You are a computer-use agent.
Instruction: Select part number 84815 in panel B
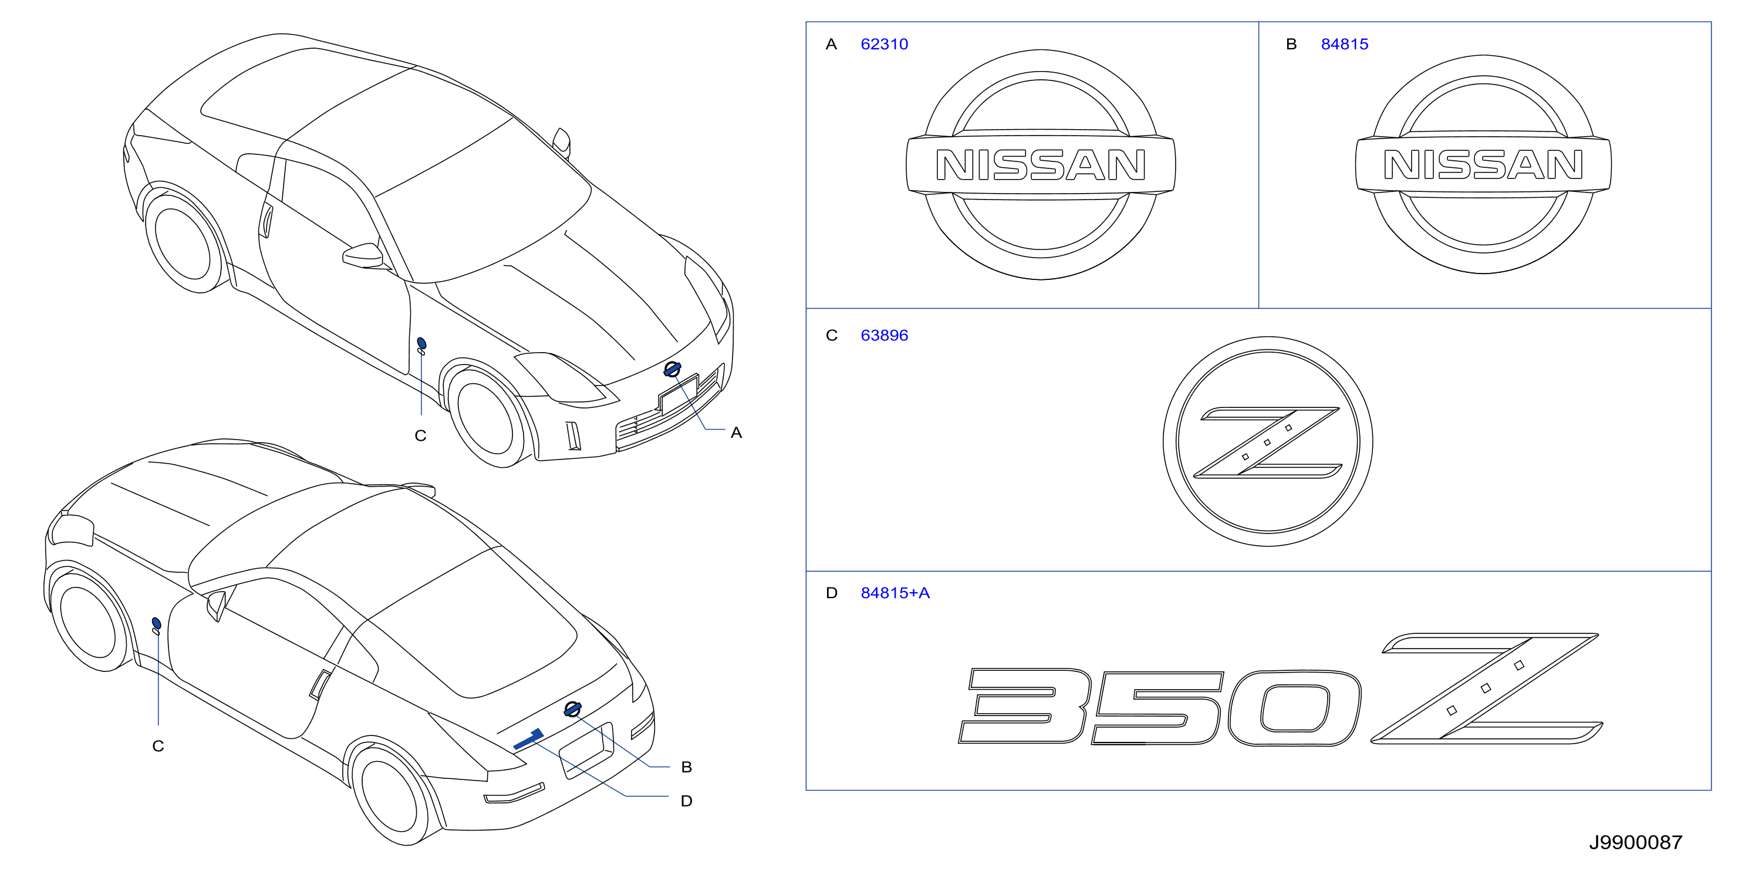(1344, 44)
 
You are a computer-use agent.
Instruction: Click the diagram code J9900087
(1635, 842)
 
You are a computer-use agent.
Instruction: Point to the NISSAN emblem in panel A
(1040, 164)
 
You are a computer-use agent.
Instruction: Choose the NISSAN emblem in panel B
(1483, 164)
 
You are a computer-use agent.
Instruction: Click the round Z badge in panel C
(1267, 441)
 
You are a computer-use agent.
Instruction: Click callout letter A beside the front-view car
(736, 433)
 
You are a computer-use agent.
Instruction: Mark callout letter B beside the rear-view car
(686, 767)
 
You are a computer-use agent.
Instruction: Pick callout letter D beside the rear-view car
(686, 801)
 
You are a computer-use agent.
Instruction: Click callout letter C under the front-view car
(420, 436)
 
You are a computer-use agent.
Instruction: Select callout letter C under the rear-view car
(158, 747)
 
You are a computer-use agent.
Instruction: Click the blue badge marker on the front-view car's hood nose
(671, 369)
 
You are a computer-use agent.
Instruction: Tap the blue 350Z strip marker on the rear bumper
(528, 739)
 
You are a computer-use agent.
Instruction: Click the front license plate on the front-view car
(679, 394)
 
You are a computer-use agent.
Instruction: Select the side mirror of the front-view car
(363, 255)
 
